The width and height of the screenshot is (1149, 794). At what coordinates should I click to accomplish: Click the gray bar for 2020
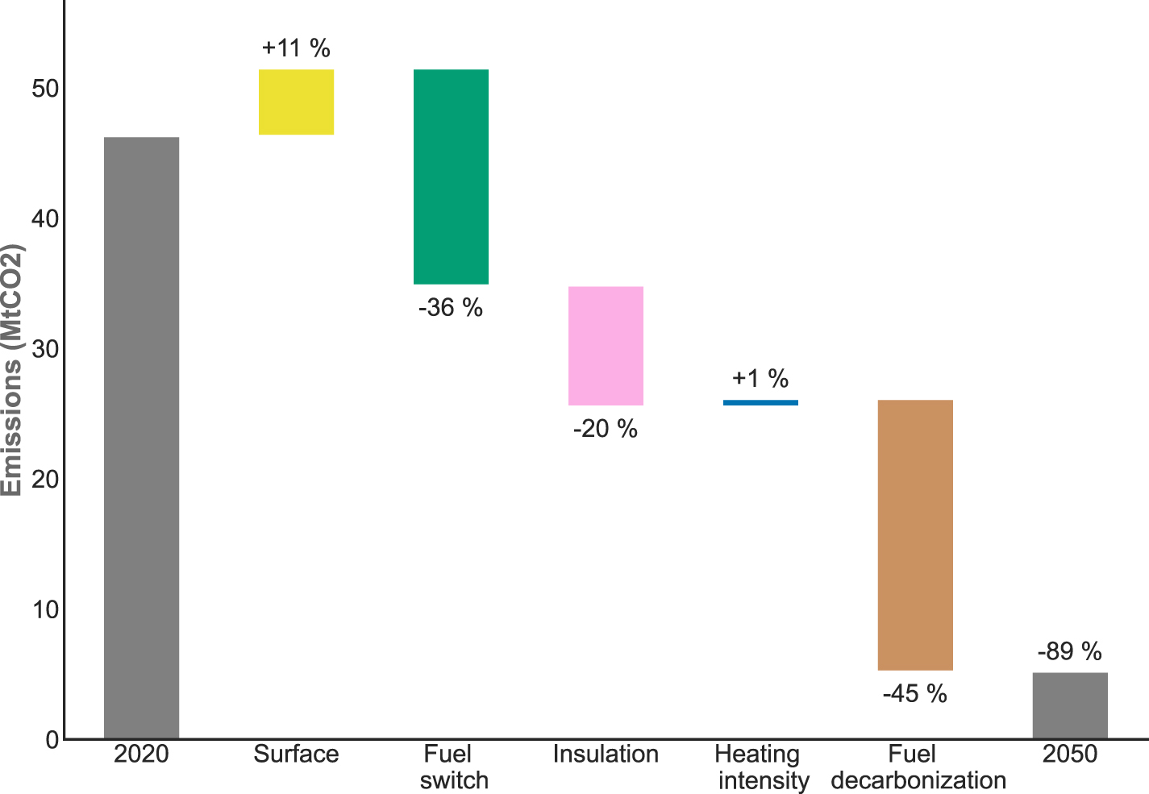[141, 438]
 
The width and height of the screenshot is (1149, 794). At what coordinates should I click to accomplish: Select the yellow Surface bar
[296, 102]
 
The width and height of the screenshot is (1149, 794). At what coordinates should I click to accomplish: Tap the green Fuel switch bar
[451, 177]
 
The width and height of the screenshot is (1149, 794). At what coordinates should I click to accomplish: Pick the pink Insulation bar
[606, 346]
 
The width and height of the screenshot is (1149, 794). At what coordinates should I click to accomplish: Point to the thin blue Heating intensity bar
[760, 402]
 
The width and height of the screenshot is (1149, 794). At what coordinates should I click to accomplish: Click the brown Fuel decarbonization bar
[915, 534]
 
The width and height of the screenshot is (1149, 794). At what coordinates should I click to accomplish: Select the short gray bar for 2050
[1070, 705]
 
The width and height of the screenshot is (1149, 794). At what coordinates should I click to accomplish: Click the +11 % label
[296, 48]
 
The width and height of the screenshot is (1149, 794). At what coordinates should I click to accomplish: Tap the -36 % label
[451, 307]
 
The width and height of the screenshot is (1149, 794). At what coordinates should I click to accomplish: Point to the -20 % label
[606, 429]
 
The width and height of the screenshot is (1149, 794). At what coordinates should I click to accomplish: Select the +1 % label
[760, 378]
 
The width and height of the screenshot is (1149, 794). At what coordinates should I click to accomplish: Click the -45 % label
[915, 693]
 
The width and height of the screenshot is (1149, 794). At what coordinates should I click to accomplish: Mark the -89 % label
[1070, 651]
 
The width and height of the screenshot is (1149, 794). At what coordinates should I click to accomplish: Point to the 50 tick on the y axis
[44, 89]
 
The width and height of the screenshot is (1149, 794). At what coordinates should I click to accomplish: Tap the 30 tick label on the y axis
[44, 349]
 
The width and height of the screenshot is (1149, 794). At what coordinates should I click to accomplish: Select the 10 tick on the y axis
[44, 609]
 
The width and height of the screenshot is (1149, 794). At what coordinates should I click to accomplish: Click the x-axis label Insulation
[606, 755]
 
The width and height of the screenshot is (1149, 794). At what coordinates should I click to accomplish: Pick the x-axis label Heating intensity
[760, 767]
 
